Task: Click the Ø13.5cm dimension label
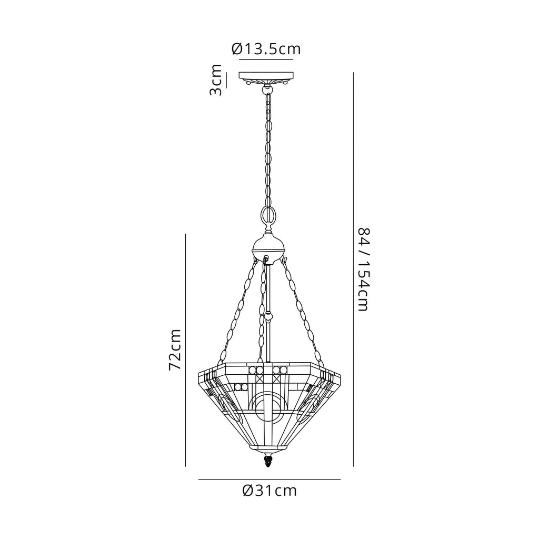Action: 266,49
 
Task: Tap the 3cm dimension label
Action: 216,80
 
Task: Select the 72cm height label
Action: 175,350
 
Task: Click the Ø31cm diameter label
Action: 269,491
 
